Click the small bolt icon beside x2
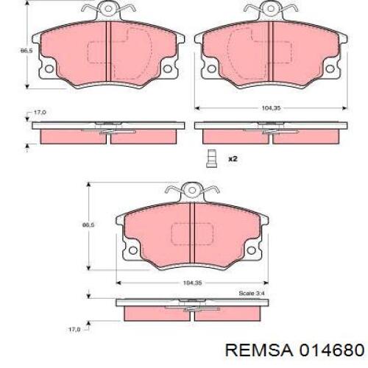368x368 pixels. [211, 158]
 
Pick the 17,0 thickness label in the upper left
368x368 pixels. [40, 112]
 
